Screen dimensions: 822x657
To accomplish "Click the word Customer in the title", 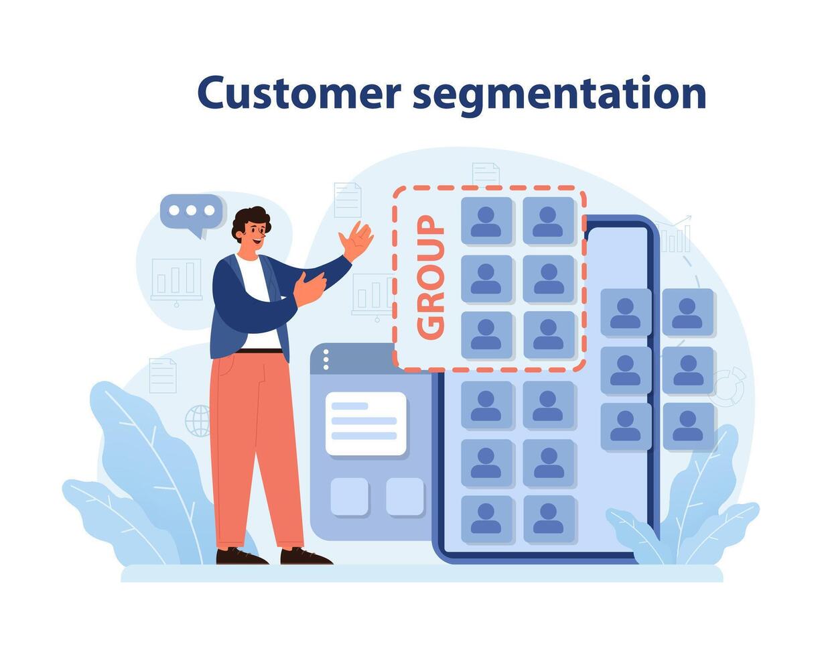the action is [298, 93].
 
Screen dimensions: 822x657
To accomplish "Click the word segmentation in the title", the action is [559, 95].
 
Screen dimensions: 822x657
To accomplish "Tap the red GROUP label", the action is [430, 276].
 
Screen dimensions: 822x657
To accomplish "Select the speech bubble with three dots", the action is [191, 212].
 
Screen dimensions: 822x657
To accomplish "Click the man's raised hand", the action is [356, 241].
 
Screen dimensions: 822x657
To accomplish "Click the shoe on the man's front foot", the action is [305, 556].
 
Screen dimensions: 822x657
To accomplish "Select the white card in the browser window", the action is [366, 423].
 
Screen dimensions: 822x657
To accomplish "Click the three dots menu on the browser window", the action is [326, 360].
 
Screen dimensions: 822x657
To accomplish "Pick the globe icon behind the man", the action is [198, 421].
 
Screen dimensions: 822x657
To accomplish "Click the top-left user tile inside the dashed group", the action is [486, 221].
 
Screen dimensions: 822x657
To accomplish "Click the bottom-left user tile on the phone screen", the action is [486, 518].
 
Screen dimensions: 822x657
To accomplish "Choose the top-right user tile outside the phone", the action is [687, 312].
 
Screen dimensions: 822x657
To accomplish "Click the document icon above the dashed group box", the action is [486, 174].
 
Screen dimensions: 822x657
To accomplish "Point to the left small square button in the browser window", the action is [349, 496].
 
